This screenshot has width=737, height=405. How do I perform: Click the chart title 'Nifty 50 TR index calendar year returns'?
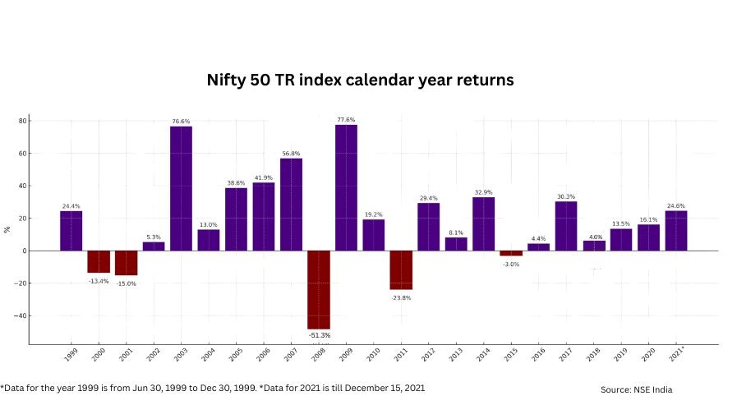coord(359,81)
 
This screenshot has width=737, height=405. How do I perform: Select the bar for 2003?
coord(181,188)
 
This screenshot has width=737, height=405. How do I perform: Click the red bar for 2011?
coord(401,269)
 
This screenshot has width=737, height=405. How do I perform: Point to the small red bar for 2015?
coord(511,253)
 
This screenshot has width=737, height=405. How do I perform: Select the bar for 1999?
coord(71,231)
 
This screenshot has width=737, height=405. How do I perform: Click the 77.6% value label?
coord(346,120)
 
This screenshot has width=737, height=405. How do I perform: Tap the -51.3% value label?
coord(319,335)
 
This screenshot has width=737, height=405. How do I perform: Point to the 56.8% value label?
coord(291,154)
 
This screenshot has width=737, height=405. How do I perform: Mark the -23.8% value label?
coord(401,297)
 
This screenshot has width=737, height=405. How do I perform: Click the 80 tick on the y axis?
coord(23,121)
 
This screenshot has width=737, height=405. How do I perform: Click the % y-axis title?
coord(7,229)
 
